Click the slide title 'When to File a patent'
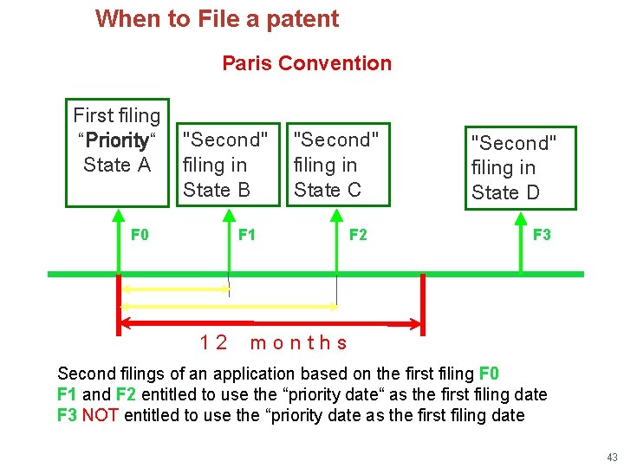217,18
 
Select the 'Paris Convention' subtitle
307,63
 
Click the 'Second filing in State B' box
228,165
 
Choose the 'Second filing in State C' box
336,165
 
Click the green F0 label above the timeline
140,235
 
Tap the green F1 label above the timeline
247,235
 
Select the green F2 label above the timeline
357,235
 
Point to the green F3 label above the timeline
542,235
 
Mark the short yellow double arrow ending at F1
174,289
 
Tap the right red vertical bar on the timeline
422,303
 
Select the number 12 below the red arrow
213,342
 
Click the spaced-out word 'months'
299,342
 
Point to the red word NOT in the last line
101,415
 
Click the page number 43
612,457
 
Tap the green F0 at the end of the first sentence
489,374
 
